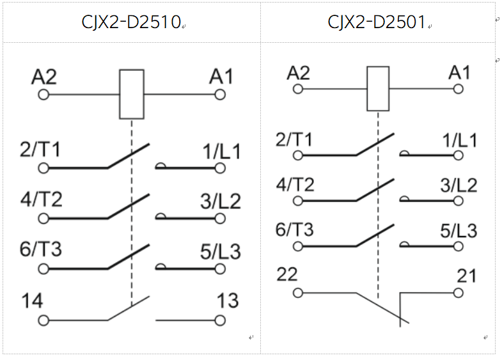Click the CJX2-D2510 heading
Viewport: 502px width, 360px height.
point(131,22)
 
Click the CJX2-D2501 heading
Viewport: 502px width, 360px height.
point(377,22)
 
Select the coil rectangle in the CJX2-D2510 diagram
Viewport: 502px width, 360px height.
point(132,94)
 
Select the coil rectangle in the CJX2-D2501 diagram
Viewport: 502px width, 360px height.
point(378,89)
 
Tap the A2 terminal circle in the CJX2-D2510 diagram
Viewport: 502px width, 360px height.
point(43,95)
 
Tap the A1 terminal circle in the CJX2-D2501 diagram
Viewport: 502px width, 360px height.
point(458,89)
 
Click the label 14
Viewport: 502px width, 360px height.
point(32,301)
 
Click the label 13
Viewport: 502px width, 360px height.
point(228,301)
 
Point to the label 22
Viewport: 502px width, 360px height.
point(287,274)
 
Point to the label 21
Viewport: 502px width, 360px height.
point(466,276)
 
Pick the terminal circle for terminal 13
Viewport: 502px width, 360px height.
point(220,320)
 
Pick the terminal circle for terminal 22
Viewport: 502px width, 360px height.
point(298,293)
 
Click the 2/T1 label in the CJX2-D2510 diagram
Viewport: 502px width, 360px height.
point(40,149)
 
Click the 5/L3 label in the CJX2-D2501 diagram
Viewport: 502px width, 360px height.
point(459,231)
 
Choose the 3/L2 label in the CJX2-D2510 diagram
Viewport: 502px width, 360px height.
point(221,201)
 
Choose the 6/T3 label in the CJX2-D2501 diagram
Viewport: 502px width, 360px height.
point(295,230)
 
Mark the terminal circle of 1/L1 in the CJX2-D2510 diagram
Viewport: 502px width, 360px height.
point(220,168)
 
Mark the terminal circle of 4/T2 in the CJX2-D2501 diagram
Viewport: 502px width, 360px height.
point(298,201)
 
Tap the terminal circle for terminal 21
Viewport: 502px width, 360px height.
point(458,293)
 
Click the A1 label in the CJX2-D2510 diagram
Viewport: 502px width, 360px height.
point(221,77)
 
